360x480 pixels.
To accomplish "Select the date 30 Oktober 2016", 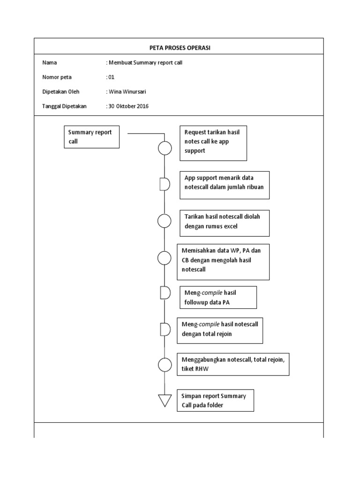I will [128, 106].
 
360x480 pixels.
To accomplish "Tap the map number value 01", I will [111, 77].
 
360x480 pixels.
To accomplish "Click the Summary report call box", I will [91, 137].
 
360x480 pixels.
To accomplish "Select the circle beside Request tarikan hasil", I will [165, 148].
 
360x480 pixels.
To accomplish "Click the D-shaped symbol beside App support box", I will [164, 184].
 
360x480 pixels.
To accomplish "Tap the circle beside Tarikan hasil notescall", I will [165, 221].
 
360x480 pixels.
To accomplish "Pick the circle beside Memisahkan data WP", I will [165, 257].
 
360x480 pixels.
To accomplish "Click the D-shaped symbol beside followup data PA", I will [165, 293].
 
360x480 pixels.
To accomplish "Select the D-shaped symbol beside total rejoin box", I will [165, 329].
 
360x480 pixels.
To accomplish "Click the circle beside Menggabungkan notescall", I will [165, 365].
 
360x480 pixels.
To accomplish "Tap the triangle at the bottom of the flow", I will [165, 400].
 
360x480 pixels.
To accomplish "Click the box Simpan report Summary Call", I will [215, 400].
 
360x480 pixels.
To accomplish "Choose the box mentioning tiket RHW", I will [233, 364].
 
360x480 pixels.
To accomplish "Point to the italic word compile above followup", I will [209, 292].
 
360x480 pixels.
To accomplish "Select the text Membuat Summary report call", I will [146, 62].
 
